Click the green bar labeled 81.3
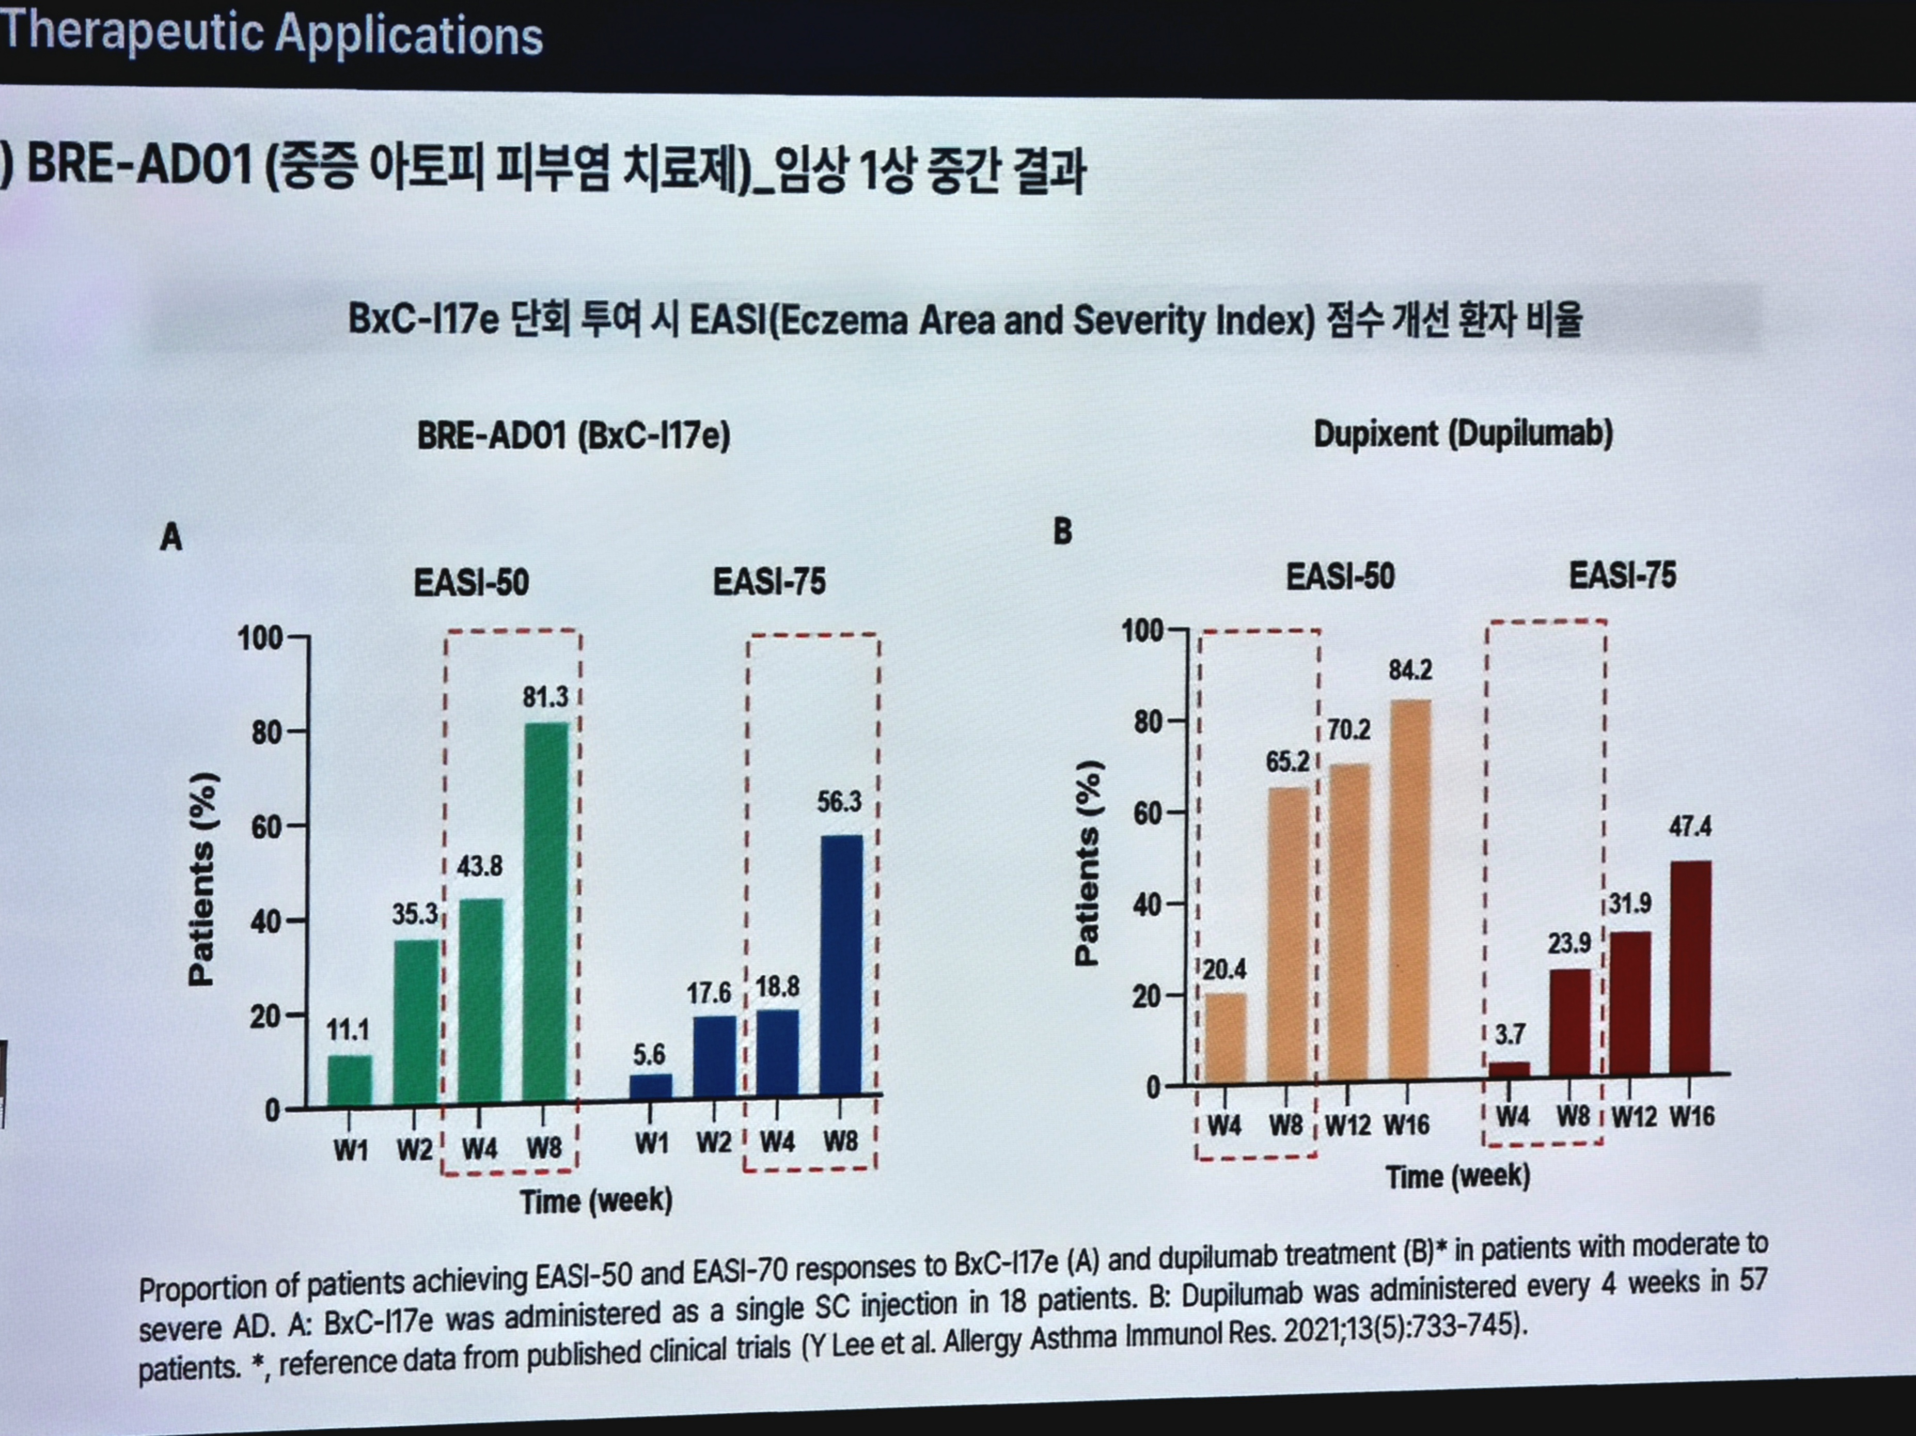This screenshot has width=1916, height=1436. coord(546,910)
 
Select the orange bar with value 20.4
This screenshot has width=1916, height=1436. coord(1226,1037)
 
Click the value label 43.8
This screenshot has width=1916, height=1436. coord(479,866)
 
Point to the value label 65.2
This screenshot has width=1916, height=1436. coord(1287,762)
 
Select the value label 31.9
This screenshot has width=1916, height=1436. coord(1630,904)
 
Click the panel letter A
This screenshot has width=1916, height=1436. coord(171,538)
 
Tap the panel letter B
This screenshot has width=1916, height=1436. coord(1063,531)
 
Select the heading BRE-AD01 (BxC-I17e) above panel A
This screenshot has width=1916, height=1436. coord(573,435)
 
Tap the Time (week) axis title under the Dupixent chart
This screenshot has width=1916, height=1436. coord(1458,1176)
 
